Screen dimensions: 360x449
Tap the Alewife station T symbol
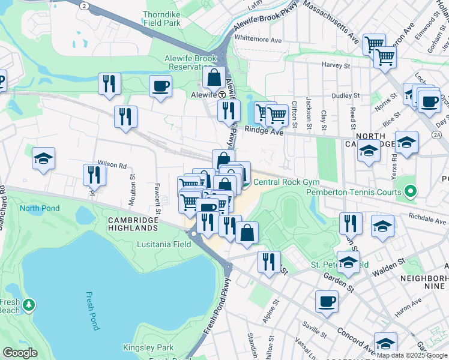click(221, 95)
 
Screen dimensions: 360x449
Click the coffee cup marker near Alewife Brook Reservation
click(161, 86)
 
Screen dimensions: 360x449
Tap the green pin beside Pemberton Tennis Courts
click(411, 192)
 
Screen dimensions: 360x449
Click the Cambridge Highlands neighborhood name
click(133, 224)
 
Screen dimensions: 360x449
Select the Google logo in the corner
click(20, 352)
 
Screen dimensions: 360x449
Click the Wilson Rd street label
click(112, 164)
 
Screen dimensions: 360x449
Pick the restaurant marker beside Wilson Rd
click(94, 175)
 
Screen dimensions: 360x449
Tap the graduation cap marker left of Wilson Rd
click(44, 159)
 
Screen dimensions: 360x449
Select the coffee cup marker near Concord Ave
click(327, 301)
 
